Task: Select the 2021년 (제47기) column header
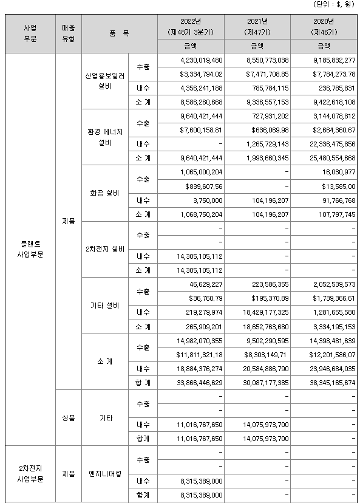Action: pyautogui.click(x=257, y=26)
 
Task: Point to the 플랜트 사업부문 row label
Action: pyautogui.click(x=30, y=249)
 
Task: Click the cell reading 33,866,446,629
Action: pyautogui.click(x=193, y=383)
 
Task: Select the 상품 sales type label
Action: pyautogui.click(x=68, y=418)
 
